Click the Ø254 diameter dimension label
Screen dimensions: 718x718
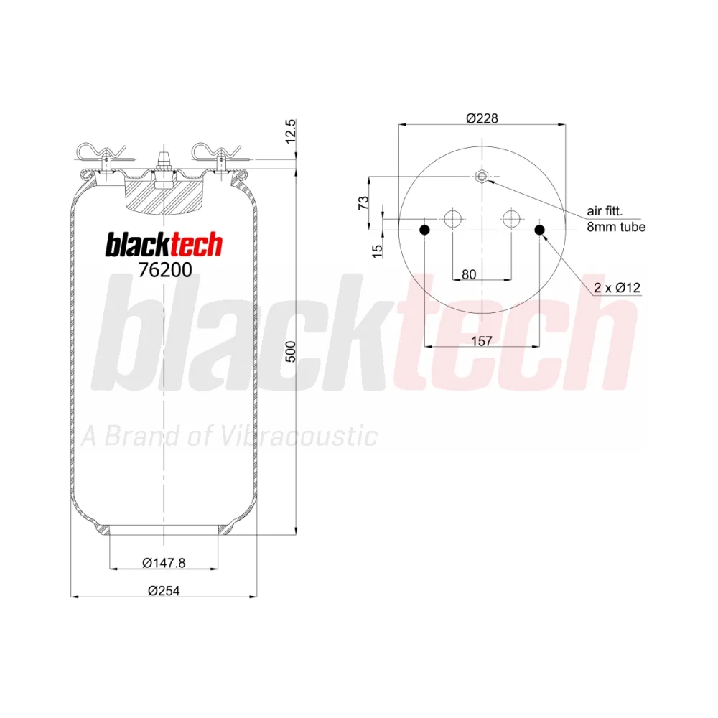click(x=164, y=591)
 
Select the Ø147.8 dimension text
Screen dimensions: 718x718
click(x=164, y=563)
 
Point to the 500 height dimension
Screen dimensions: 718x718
click(x=291, y=352)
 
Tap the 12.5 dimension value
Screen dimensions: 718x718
click(x=291, y=131)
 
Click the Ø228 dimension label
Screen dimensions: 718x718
click(x=482, y=118)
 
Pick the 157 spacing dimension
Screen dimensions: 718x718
click(x=482, y=340)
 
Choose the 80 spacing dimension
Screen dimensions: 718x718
click(x=469, y=274)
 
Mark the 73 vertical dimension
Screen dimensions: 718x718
click(x=363, y=202)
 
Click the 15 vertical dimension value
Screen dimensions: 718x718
click(x=377, y=251)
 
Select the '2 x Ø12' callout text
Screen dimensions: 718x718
click(x=617, y=288)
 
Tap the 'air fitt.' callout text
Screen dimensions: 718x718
click(x=605, y=211)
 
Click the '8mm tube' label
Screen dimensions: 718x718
click(x=616, y=227)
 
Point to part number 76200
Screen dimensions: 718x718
click(x=165, y=270)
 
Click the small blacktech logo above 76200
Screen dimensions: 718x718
click(x=164, y=245)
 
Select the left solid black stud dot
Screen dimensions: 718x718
click(x=425, y=230)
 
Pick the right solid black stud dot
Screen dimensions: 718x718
click(x=540, y=230)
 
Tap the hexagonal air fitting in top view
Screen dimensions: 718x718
click(x=482, y=176)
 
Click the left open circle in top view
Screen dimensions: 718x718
click(x=452, y=218)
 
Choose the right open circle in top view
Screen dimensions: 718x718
click(x=511, y=218)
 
